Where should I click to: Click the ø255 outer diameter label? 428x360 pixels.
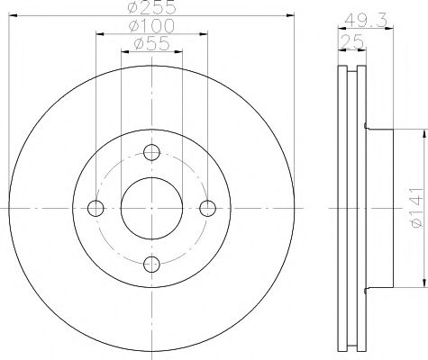click(x=151, y=7)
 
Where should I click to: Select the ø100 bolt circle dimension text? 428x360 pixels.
click(x=151, y=27)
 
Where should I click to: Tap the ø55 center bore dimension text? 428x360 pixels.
click(x=151, y=44)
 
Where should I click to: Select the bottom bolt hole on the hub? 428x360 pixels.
click(x=151, y=263)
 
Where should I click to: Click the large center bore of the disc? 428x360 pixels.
click(x=151, y=208)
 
